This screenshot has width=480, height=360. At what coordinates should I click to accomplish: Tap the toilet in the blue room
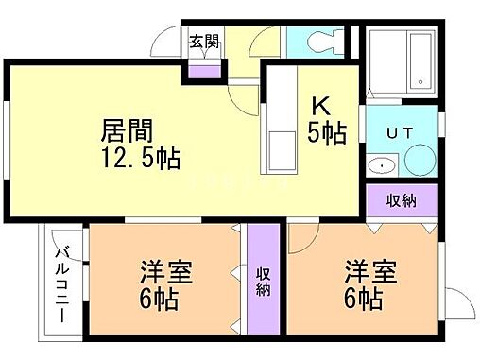coord(317,43)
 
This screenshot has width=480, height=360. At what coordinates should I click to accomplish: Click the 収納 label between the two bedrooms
coord(265,282)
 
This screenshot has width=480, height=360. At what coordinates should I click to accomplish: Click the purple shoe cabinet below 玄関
coord(202,68)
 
